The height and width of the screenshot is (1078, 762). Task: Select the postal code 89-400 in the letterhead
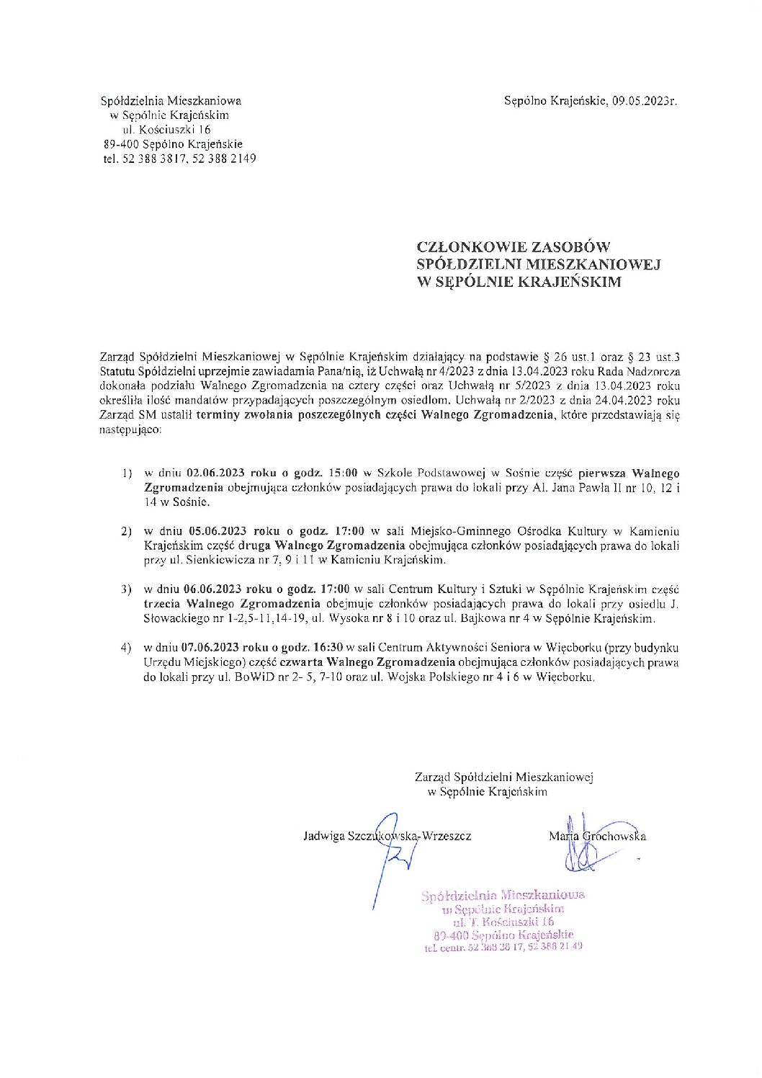point(122,144)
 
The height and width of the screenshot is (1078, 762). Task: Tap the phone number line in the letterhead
point(179,159)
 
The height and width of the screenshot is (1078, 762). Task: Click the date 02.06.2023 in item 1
point(215,473)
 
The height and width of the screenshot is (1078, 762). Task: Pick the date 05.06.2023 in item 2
point(215,531)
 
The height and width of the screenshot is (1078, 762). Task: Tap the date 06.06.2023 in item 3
point(215,589)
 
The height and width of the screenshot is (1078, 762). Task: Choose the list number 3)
point(127,589)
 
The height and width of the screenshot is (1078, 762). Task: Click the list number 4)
point(127,648)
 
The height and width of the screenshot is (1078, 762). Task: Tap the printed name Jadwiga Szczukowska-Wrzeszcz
point(387,837)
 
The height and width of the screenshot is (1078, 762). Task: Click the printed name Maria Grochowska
point(597,837)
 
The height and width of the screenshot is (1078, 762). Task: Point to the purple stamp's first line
point(503,896)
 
